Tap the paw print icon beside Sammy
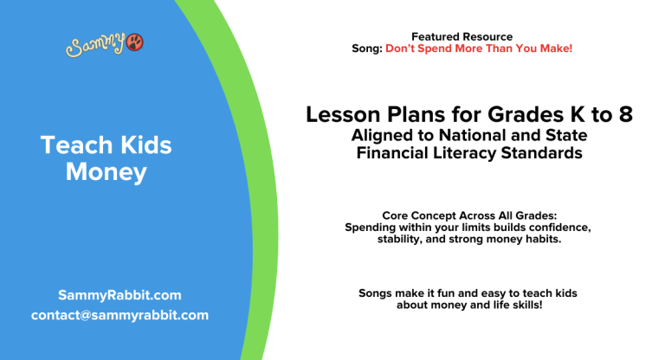(x=135, y=42)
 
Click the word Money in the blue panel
(x=107, y=172)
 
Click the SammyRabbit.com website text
(x=119, y=295)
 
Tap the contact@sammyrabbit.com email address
(x=119, y=315)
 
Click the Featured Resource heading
(x=462, y=36)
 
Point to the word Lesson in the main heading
(x=339, y=115)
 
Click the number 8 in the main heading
(x=624, y=115)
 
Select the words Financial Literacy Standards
(x=468, y=153)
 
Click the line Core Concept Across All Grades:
(x=468, y=215)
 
